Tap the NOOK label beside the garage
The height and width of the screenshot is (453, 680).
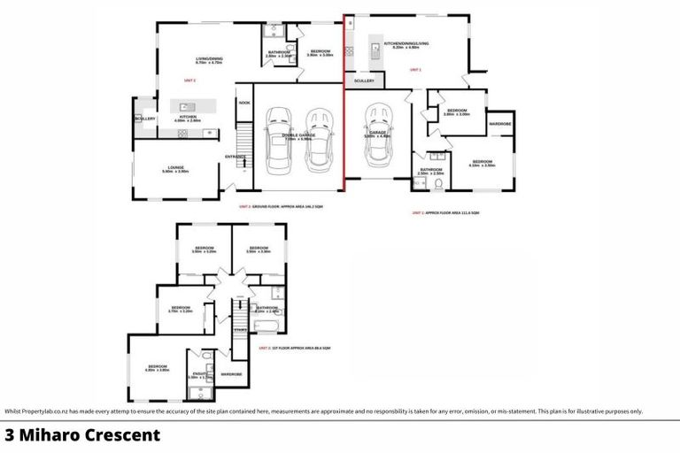click(244, 103)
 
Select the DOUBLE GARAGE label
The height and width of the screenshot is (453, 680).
click(297, 134)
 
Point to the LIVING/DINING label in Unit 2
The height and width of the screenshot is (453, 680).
click(209, 59)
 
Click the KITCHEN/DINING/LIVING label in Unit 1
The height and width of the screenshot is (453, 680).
click(406, 42)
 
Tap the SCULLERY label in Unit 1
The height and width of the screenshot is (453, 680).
click(364, 81)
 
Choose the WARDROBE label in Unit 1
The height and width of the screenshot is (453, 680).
click(500, 125)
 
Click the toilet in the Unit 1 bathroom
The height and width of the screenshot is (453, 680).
click(440, 184)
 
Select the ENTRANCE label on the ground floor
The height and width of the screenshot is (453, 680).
click(235, 157)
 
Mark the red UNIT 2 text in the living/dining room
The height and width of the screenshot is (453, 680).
click(189, 81)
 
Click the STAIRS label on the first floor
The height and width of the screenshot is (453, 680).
click(240, 330)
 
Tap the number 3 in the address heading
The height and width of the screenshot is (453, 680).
click(10, 435)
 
